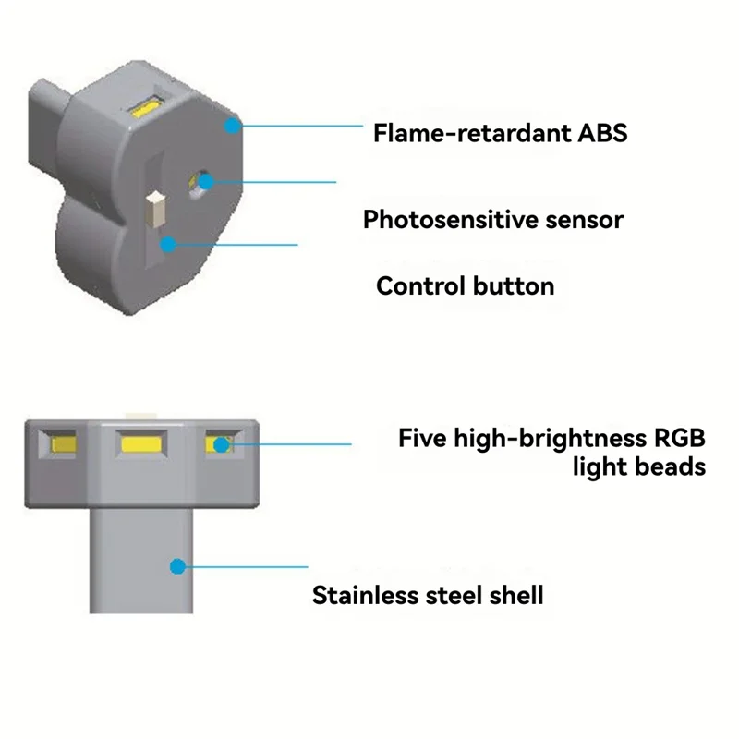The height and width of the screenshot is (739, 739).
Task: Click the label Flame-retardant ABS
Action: (x=500, y=133)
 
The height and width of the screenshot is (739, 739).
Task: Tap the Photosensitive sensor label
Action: (x=492, y=220)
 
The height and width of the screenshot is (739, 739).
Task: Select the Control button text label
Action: (x=465, y=285)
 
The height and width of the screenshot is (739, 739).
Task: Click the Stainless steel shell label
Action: (x=427, y=595)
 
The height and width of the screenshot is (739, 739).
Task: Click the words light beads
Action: (x=638, y=466)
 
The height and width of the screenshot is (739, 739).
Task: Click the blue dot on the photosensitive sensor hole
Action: (x=205, y=180)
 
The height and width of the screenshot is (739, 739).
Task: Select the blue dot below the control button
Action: (x=167, y=244)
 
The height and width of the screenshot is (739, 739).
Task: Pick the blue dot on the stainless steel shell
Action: (x=177, y=565)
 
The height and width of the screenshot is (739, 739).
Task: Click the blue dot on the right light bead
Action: (x=221, y=445)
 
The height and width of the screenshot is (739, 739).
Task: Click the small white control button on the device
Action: (x=156, y=209)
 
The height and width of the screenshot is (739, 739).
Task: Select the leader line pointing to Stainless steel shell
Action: (x=245, y=565)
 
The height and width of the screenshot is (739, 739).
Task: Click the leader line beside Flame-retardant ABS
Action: (x=300, y=125)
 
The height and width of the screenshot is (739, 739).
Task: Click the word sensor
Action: (x=582, y=220)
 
